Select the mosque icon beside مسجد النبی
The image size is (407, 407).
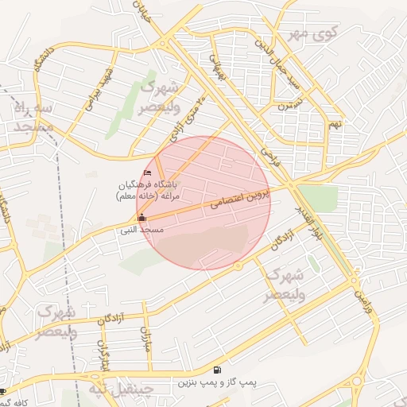[x=142, y=217]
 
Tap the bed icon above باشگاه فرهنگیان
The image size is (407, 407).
[x=147, y=172]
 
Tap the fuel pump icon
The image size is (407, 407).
[x=217, y=370]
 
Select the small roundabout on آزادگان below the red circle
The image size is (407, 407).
[x=238, y=266]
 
